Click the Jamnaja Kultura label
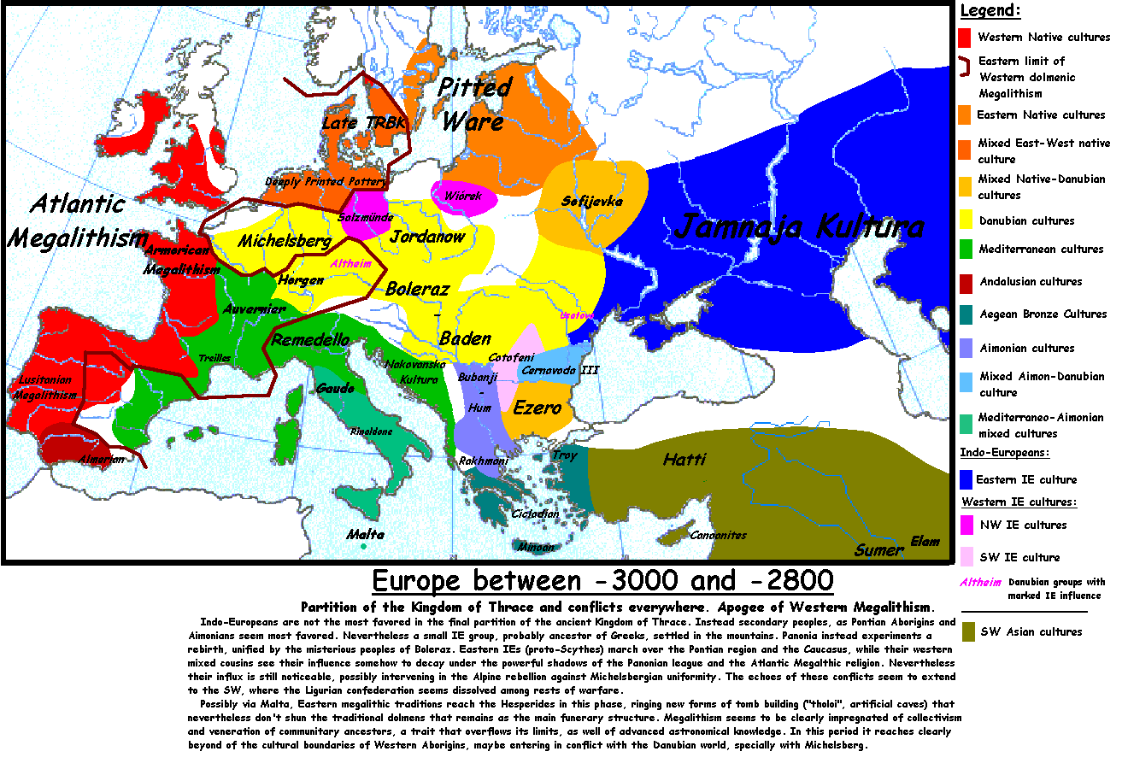799,227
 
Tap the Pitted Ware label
473,104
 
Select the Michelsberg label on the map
285,241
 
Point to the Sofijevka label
592,202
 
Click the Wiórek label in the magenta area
462,196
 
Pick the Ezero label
538,408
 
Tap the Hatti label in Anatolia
684,460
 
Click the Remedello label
310,340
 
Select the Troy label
565,455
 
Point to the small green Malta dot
363,546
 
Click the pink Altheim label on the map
350,263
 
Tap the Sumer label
878,550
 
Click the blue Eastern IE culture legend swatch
966,479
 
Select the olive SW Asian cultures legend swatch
968,631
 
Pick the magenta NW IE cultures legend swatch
966,525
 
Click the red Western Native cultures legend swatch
965,38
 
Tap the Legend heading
990,11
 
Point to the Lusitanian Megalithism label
44,387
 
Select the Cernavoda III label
560,370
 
